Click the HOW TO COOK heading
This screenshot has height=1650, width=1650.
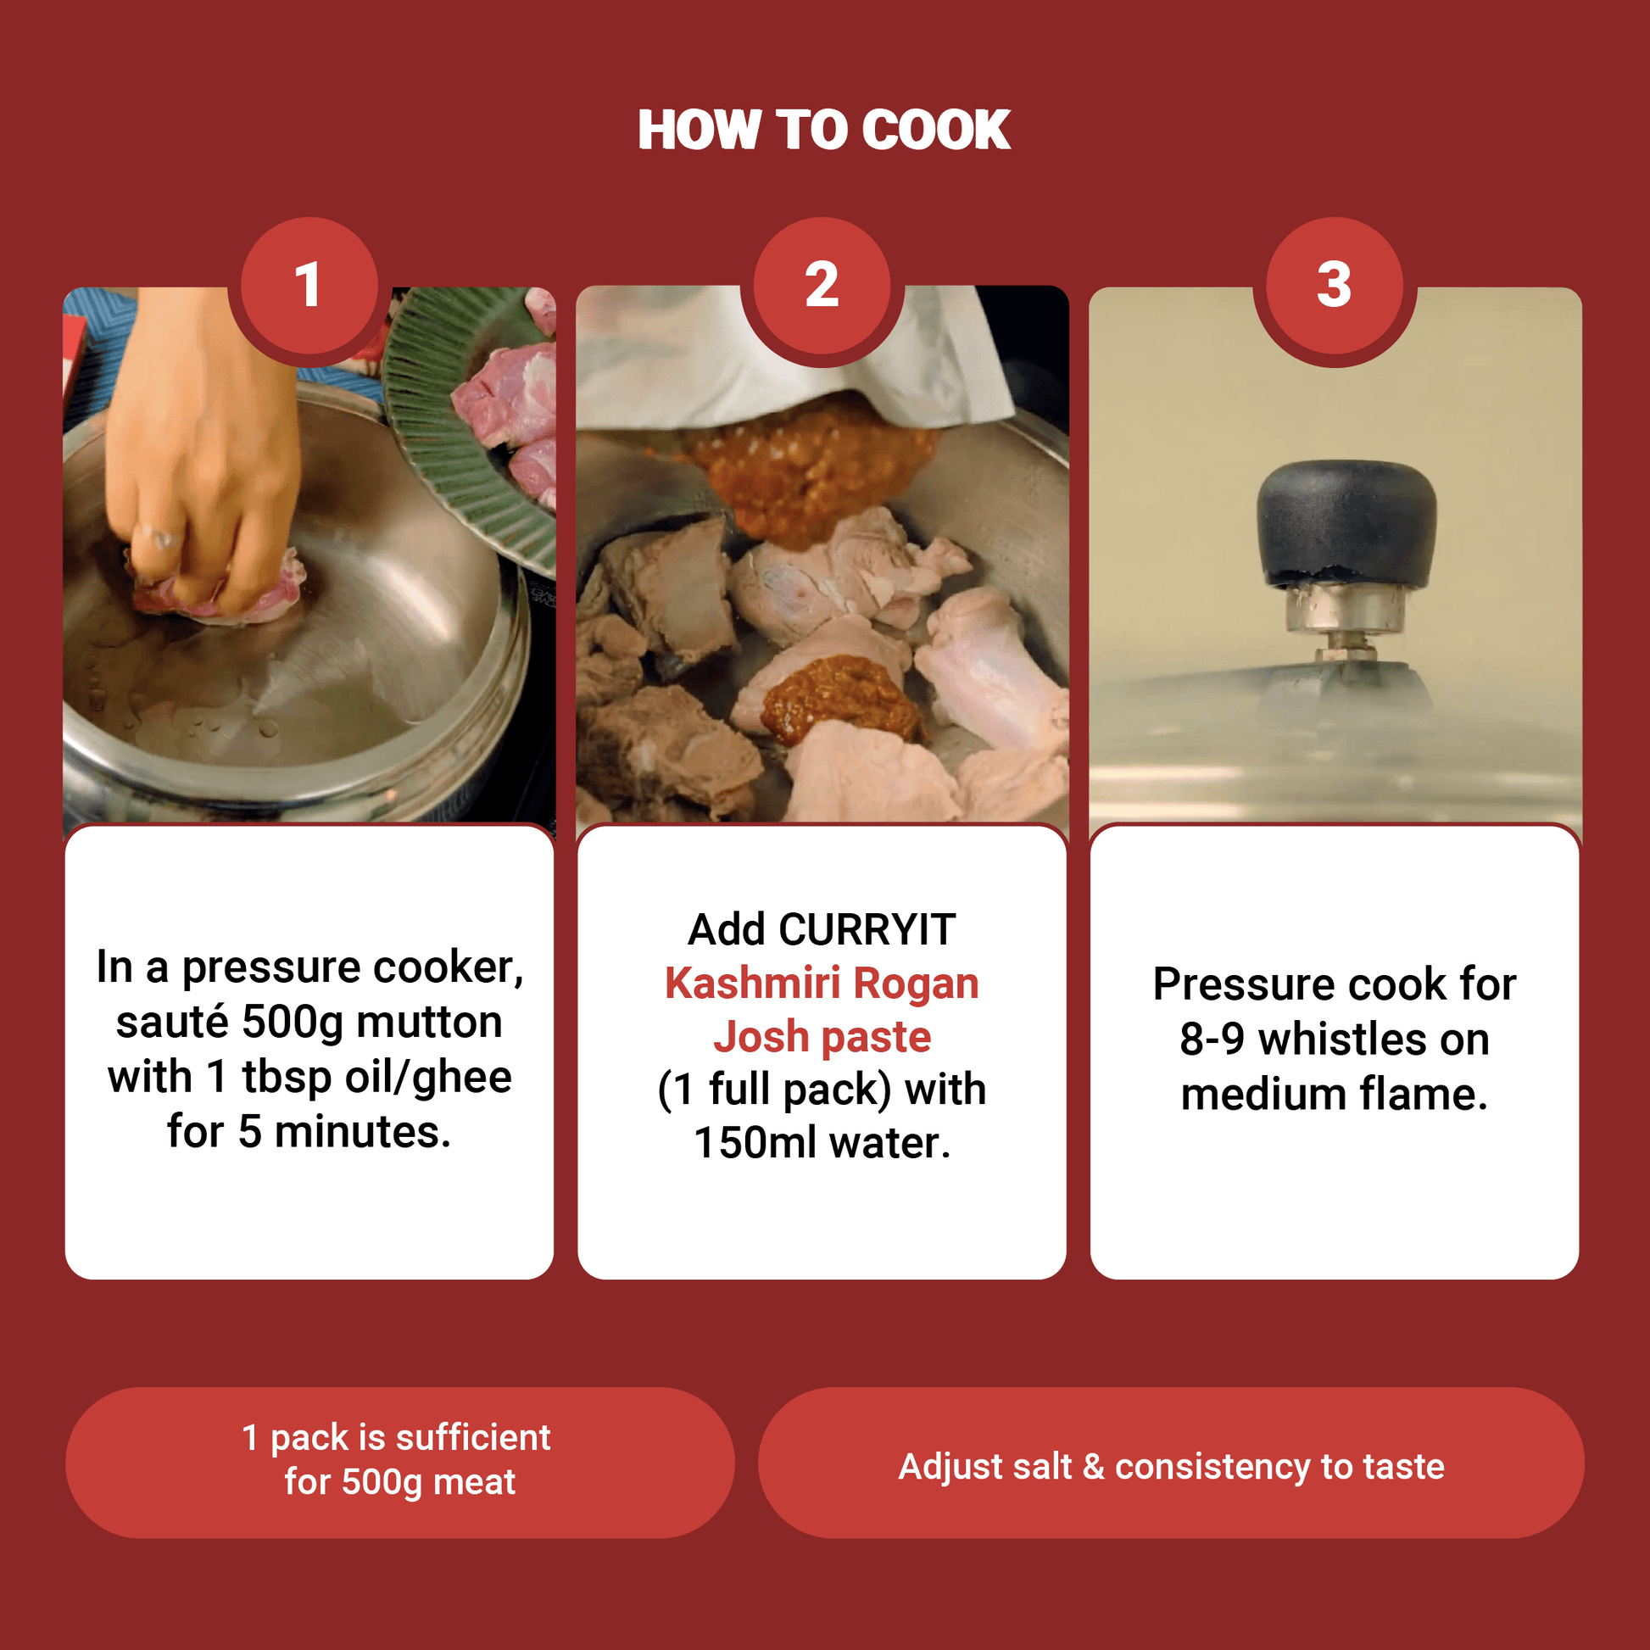coord(824,130)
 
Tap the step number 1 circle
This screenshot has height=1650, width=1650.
coord(309,285)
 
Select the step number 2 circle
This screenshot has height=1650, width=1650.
coord(822,285)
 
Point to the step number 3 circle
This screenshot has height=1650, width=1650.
coord(1335,285)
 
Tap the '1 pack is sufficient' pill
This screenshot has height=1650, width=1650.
coord(399,1463)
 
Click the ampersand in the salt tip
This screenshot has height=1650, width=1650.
coord(1093,1467)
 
